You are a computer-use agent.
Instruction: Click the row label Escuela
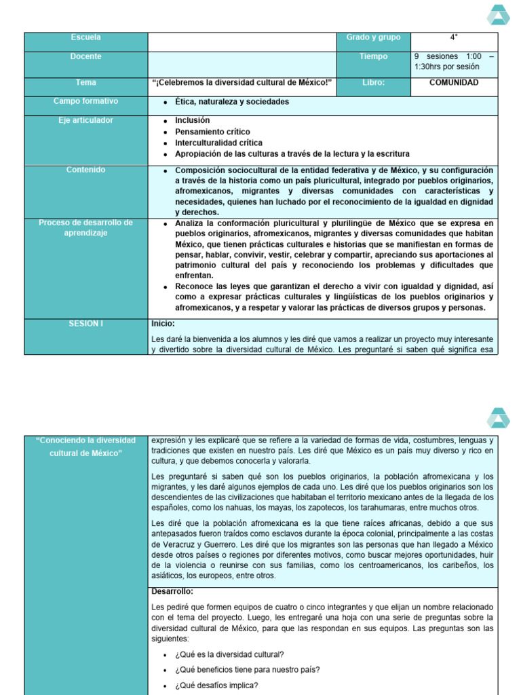85,37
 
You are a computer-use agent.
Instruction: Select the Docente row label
85,57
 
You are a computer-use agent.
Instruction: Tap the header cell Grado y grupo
373,37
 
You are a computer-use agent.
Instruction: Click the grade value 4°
453,37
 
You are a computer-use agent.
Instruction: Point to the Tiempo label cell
373,57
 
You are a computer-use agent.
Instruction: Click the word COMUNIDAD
454,83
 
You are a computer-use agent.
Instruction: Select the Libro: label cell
373,83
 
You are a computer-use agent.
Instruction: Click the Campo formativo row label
85,101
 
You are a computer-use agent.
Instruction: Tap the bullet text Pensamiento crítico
212,132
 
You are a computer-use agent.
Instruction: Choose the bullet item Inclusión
192,120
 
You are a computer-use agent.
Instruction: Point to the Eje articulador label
85,120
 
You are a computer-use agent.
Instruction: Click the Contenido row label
85,170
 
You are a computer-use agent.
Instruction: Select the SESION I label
85,324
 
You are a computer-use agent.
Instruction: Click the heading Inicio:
163,324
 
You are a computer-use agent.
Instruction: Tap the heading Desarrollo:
172,591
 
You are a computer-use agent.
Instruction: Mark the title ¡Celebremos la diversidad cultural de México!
242,83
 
